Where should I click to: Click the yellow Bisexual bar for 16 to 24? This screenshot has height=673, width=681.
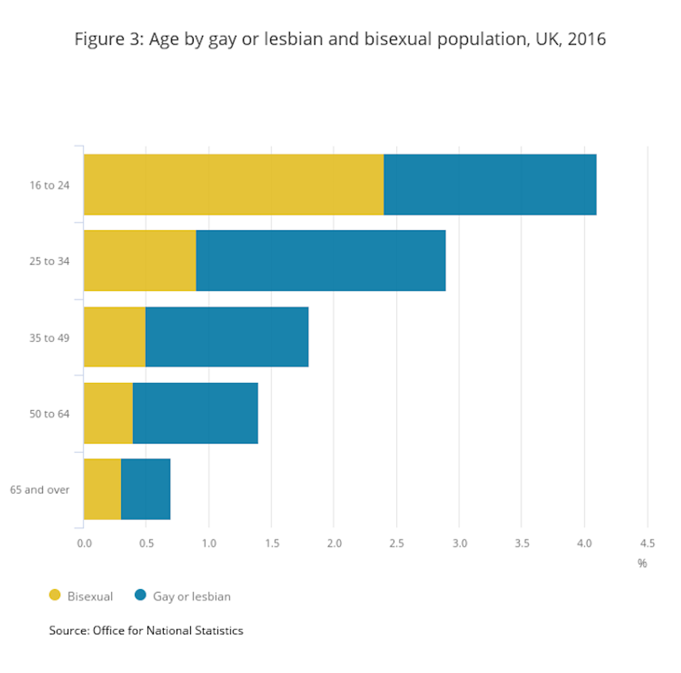[233, 184]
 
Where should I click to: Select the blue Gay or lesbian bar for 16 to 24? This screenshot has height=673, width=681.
[490, 184]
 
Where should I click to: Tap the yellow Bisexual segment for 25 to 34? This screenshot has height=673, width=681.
[140, 261]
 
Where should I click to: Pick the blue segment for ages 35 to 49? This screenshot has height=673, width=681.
[227, 337]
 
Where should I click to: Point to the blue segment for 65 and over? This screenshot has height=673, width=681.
[145, 489]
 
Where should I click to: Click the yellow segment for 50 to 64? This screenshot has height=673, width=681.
[108, 414]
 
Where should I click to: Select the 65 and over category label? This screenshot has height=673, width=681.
[40, 489]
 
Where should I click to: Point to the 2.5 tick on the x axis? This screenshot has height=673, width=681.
[396, 543]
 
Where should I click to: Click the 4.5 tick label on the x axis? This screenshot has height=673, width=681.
[647, 543]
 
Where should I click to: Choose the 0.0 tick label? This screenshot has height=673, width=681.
[84, 543]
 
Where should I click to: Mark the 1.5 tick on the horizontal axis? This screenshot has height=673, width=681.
[271, 543]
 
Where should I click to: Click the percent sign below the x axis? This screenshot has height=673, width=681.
[642, 563]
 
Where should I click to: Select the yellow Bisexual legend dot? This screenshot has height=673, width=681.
[55, 595]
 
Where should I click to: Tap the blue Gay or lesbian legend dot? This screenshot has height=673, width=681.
[140, 595]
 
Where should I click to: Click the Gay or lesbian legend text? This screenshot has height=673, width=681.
[192, 597]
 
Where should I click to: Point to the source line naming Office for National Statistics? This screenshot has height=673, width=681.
[146, 631]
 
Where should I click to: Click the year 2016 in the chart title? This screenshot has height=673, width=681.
[586, 40]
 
